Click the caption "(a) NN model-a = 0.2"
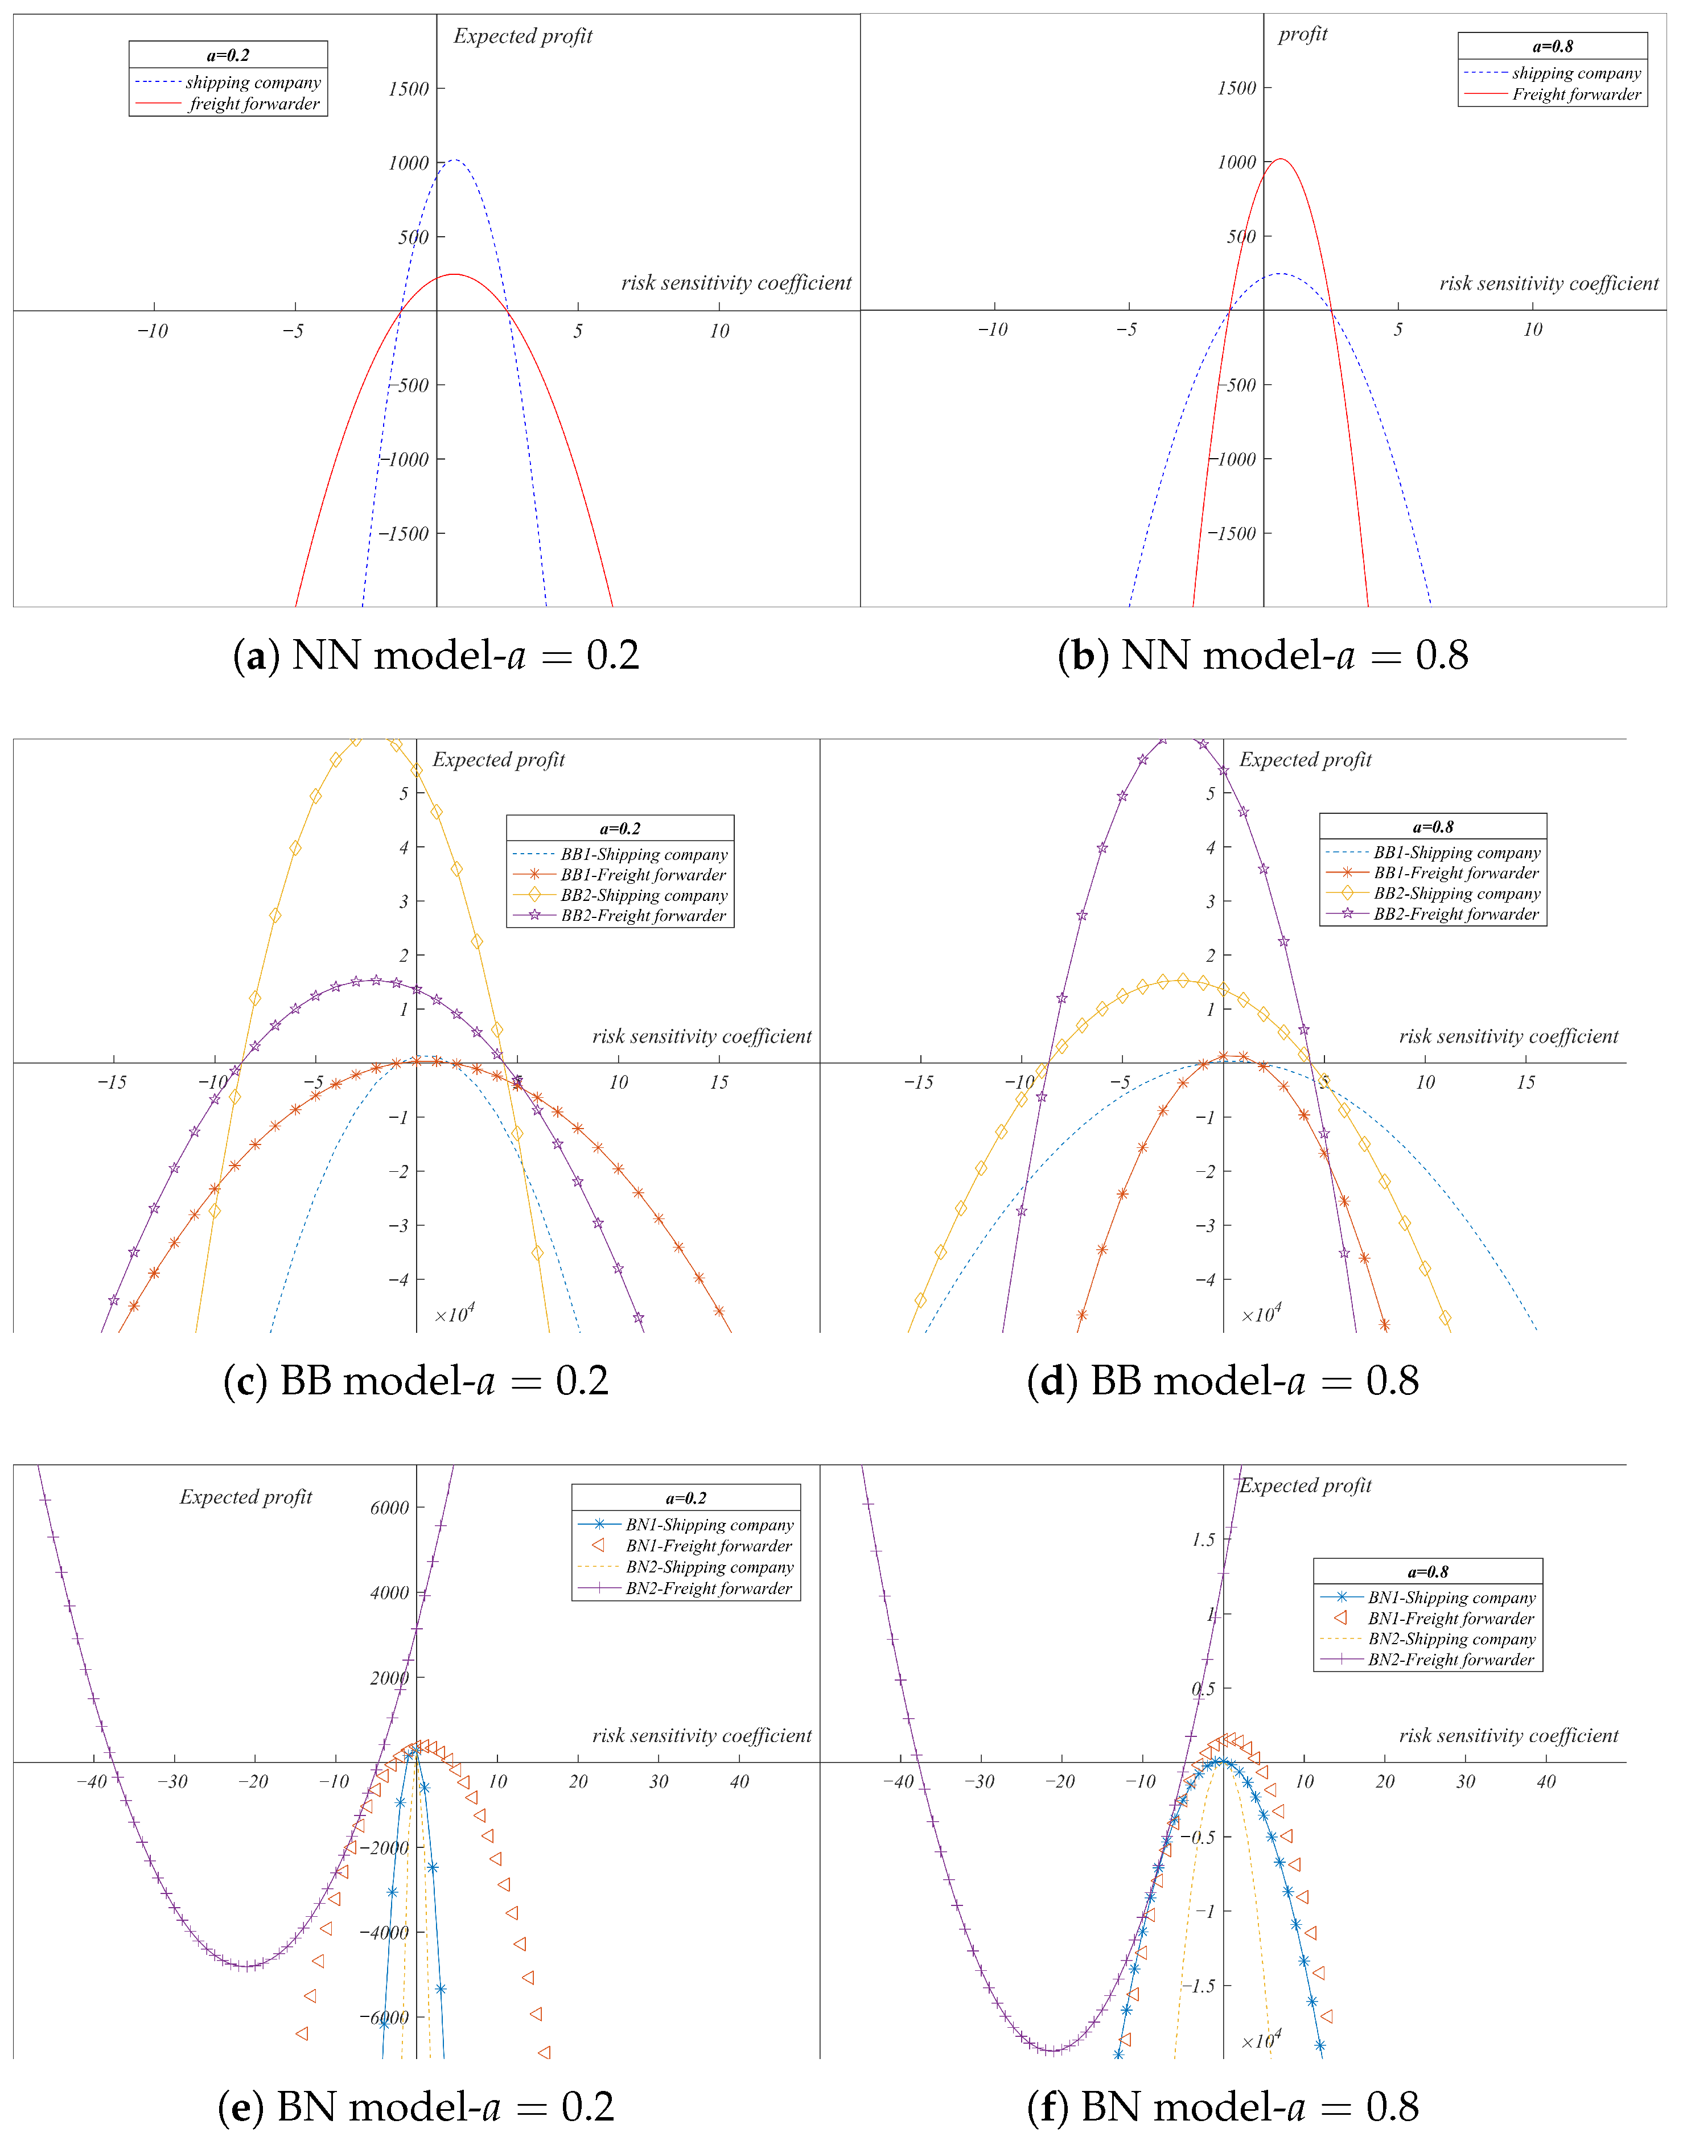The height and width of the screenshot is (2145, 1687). click(435, 656)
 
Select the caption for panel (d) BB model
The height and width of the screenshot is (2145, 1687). click(1223, 1381)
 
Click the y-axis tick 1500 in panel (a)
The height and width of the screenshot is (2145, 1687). click(408, 89)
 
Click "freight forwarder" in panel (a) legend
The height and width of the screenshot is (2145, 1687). click(254, 104)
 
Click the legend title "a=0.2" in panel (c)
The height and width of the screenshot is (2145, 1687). click(619, 829)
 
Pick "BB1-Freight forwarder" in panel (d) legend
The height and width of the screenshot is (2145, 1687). click(1456, 873)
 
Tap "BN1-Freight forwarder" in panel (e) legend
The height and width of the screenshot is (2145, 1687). click(708, 1546)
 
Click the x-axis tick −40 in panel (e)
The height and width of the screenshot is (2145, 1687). click(92, 1781)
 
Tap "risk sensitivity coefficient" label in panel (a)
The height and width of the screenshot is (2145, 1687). click(736, 283)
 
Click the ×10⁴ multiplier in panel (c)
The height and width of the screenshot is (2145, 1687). click(454, 1315)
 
